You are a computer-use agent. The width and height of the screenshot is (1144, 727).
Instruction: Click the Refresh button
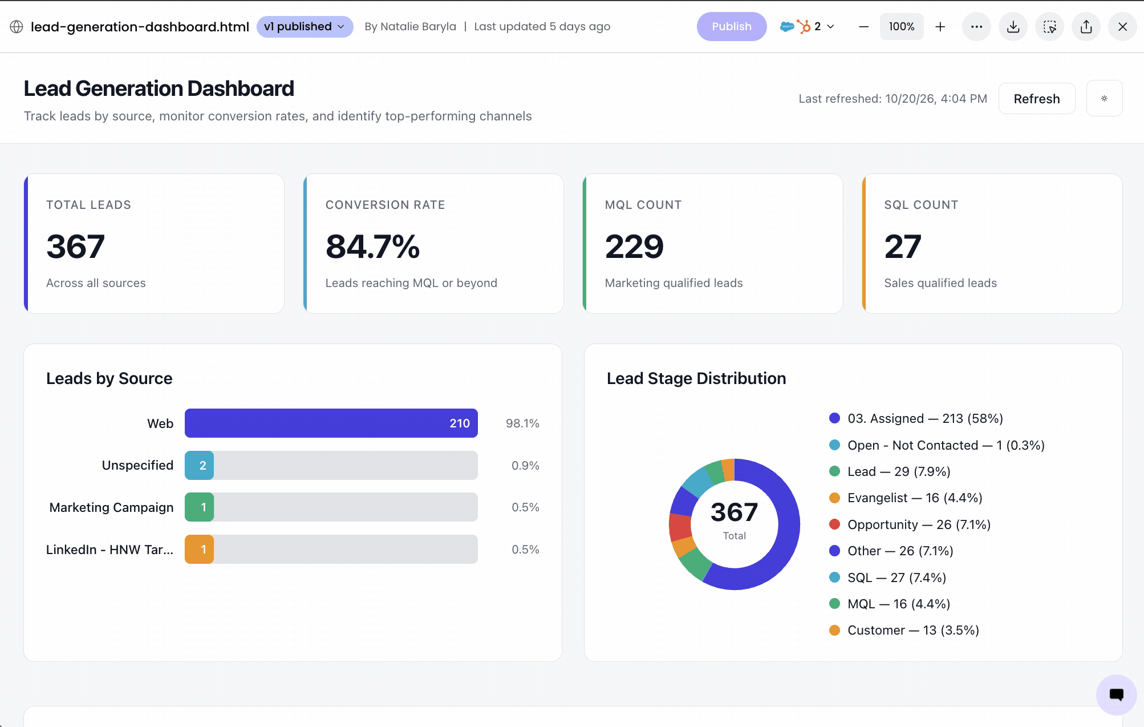click(1037, 99)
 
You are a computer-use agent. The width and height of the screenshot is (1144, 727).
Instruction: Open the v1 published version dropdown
click(305, 27)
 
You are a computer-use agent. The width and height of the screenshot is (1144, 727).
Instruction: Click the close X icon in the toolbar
click(1122, 27)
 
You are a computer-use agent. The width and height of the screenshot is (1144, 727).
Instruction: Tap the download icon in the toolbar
click(1013, 27)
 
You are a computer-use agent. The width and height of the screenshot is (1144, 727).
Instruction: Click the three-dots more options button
click(976, 27)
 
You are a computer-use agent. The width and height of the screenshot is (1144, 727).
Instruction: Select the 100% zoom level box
click(902, 27)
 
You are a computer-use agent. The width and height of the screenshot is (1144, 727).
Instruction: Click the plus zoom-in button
click(940, 27)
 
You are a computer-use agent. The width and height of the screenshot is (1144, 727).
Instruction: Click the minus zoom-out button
click(863, 27)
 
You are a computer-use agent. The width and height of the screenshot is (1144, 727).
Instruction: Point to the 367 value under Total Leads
click(76, 247)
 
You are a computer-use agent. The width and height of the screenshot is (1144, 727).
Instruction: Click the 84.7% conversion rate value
click(372, 247)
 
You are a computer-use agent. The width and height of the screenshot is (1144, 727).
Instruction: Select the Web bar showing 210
click(331, 423)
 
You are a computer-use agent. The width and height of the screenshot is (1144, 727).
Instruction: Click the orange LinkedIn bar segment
click(199, 550)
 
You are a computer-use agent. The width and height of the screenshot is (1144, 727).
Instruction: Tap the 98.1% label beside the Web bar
click(522, 423)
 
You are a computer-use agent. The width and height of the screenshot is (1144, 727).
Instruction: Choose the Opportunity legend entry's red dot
click(834, 524)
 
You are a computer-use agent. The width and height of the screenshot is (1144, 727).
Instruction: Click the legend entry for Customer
click(904, 631)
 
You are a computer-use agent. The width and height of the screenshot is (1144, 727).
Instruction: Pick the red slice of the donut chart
click(680, 527)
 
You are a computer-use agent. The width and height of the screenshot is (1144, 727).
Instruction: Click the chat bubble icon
click(1117, 694)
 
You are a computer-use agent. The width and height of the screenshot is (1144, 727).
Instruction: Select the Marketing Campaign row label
click(111, 507)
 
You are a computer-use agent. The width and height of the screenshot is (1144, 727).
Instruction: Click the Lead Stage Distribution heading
click(696, 378)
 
